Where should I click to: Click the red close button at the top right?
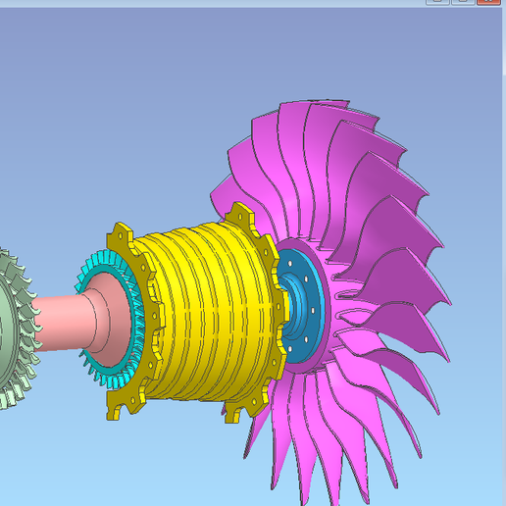[489, 2]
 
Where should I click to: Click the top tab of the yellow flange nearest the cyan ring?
[120, 236]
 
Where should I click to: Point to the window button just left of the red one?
[462, 2]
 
